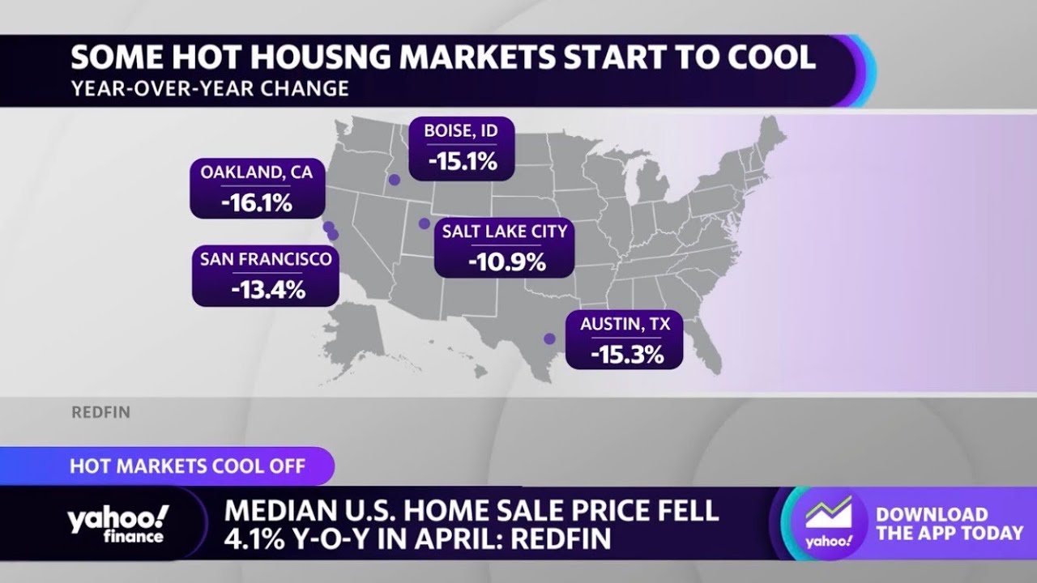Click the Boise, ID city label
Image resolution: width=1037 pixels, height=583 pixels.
point(462,131)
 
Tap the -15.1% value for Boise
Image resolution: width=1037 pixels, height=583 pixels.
point(462,161)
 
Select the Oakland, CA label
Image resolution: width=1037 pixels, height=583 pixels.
point(257,172)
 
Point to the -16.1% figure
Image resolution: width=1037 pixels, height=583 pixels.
point(257,202)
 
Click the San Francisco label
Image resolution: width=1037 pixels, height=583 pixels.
point(267,259)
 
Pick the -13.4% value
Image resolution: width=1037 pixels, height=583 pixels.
point(267,289)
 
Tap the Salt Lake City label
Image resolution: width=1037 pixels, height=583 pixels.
point(504,232)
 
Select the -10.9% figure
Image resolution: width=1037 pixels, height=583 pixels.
point(504,262)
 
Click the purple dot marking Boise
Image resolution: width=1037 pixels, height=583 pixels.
point(395,181)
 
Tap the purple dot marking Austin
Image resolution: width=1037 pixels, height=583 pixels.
point(550,339)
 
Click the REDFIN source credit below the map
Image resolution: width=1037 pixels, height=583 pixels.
point(100,413)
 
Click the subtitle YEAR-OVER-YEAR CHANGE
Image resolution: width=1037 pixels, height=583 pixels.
point(210,88)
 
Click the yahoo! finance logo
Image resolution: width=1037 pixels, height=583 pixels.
point(118,524)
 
